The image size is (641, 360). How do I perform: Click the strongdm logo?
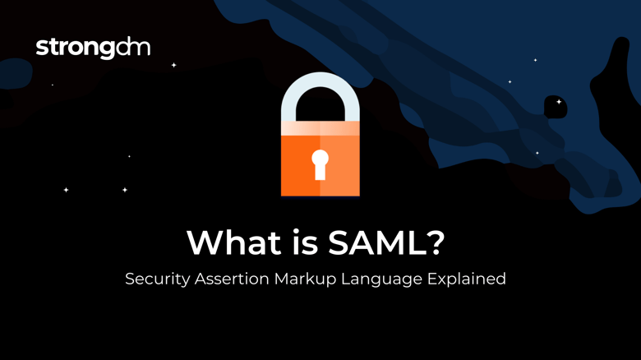pos(93,48)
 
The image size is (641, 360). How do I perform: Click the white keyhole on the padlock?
pos(320,164)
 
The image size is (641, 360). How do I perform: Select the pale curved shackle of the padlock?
pos(320,97)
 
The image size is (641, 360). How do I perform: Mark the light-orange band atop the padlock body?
pos(320,128)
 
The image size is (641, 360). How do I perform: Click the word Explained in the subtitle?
pos(467,279)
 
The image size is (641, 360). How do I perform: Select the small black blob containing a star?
pos(556,105)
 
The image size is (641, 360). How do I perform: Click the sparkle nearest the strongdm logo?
pos(173,65)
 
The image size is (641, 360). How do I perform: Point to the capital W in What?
pos(203,242)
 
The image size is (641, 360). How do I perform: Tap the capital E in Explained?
pos(433,279)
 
